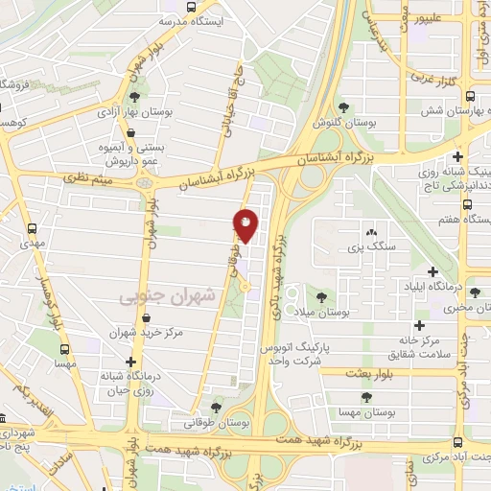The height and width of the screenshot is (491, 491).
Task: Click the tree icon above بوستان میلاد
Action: click(319, 296)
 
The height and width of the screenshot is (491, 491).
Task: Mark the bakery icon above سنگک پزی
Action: click(371, 232)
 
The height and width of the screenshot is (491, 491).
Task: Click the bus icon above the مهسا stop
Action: click(33, 350)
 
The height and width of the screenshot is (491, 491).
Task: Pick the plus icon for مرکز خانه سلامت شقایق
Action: click(419, 325)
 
